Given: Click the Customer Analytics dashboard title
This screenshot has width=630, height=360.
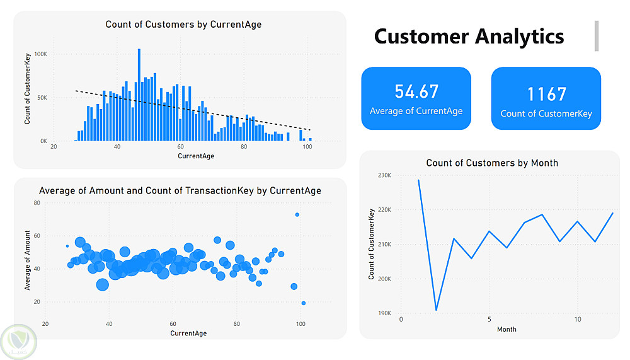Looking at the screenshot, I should [469, 36].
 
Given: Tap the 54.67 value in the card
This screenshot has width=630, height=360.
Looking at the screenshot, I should [416, 91].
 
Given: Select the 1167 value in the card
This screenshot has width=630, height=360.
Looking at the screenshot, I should [546, 94].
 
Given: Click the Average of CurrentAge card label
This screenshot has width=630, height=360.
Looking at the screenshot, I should [416, 112].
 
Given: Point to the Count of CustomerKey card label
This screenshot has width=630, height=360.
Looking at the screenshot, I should [546, 114].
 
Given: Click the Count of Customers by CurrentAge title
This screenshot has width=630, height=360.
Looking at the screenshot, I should [183, 25].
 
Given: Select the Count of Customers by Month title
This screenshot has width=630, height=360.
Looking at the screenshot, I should [492, 163].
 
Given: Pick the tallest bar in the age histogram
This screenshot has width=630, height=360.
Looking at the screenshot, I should [139, 95].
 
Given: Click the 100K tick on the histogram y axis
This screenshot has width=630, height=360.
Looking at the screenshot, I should [40, 54].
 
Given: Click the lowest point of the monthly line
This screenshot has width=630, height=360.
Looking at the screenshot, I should [436, 310].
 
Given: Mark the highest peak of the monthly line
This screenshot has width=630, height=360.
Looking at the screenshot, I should [418, 180].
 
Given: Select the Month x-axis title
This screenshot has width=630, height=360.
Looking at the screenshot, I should [507, 329].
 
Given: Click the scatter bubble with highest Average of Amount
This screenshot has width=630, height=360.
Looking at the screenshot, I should [297, 215].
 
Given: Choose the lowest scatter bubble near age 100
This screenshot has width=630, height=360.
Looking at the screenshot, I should [303, 303].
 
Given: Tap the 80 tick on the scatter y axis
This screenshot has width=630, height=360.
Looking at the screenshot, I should [37, 203].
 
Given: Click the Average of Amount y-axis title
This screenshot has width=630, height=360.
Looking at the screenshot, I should [27, 260].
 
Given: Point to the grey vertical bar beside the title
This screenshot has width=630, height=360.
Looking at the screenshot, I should [596, 35].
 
